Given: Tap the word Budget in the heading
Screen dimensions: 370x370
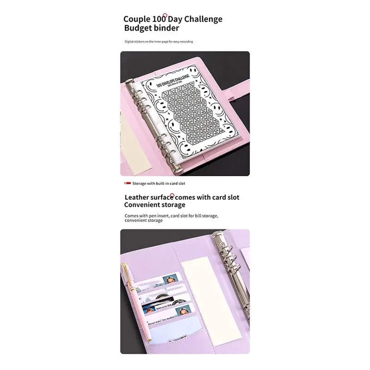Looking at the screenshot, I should pyautogui.click(x=139, y=28).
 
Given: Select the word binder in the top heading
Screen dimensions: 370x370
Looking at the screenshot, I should pyautogui.click(x=167, y=28).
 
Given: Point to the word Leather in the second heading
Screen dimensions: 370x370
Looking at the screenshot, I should pyautogui.click(x=139, y=197).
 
